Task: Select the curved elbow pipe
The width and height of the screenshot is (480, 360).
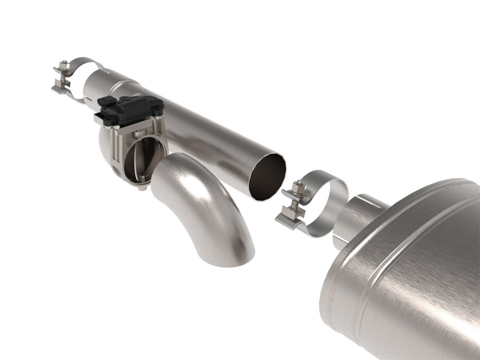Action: coord(198,202)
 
